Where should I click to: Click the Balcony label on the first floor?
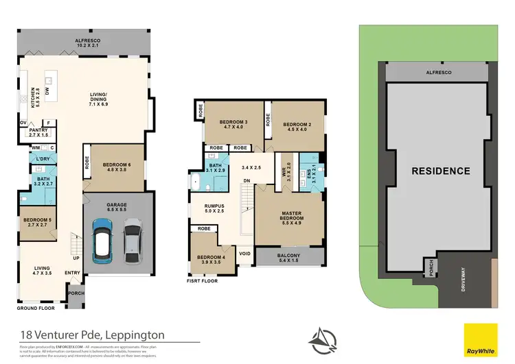pyautogui.click(x=288, y=258)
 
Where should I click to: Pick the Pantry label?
pyautogui.click(x=39, y=132)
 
